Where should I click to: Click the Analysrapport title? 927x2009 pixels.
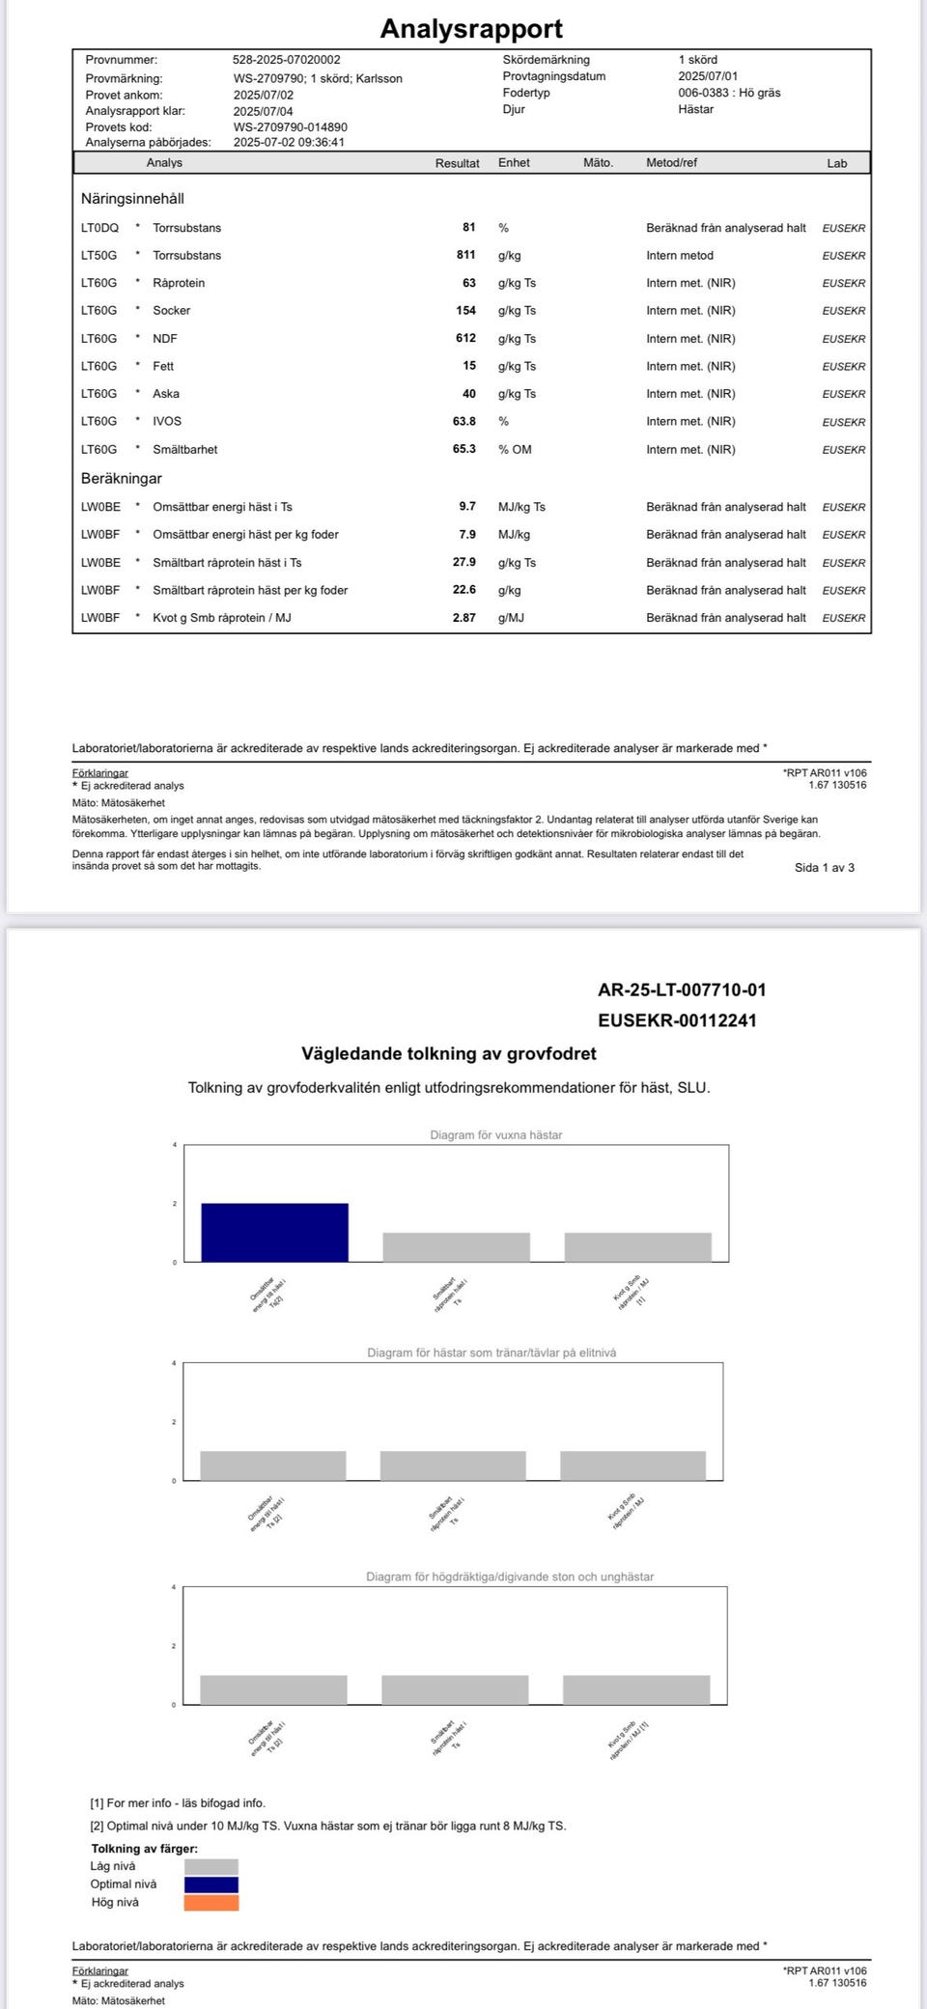coord(471,29)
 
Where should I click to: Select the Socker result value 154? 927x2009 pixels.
coord(465,311)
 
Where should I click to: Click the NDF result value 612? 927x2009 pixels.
coord(465,339)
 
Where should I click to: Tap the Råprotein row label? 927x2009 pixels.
coord(179,283)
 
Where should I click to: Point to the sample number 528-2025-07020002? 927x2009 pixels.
coord(287,60)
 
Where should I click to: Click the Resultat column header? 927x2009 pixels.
coord(457,163)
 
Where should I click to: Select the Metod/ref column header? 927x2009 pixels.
coord(671,163)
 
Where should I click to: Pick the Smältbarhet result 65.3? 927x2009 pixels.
coord(463,449)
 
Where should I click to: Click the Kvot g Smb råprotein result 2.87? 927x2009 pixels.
coord(463,618)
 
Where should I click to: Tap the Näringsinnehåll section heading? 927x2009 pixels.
coord(132,199)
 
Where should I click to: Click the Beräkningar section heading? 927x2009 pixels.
coord(122,479)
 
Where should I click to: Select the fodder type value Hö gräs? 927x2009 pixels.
coord(729,93)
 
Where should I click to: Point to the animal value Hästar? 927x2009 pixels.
coord(695,109)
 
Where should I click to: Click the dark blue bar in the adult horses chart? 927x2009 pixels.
coord(274,1232)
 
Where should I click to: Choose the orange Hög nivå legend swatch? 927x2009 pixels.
coord(211,1903)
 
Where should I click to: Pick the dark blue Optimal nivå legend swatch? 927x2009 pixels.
coord(211,1884)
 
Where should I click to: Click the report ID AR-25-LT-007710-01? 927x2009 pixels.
coord(682,990)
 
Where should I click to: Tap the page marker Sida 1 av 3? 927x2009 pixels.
coord(824,868)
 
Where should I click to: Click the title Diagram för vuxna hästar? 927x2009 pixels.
coord(495,1135)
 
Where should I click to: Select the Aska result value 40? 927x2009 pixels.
coord(469,394)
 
